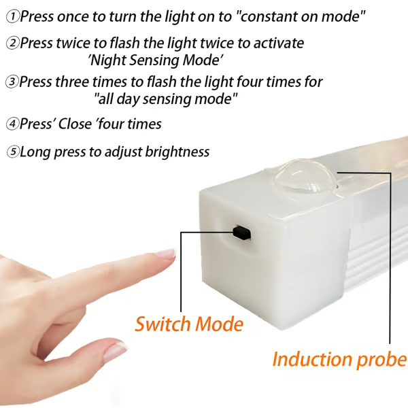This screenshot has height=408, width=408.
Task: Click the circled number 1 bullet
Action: [x=12, y=15]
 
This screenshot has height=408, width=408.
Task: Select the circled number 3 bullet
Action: [x=12, y=82]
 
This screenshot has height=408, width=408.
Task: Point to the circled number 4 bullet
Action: [x=12, y=124]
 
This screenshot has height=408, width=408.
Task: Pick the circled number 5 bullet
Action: [x=12, y=152]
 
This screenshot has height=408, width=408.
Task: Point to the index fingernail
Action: [x=165, y=254]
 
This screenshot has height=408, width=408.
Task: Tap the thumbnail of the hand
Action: [x=116, y=350]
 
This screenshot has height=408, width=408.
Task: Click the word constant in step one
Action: [x=271, y=15]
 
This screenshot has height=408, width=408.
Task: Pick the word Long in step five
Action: [x=34, y=152]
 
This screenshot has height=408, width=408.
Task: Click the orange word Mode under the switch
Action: [x=219, y=324]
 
